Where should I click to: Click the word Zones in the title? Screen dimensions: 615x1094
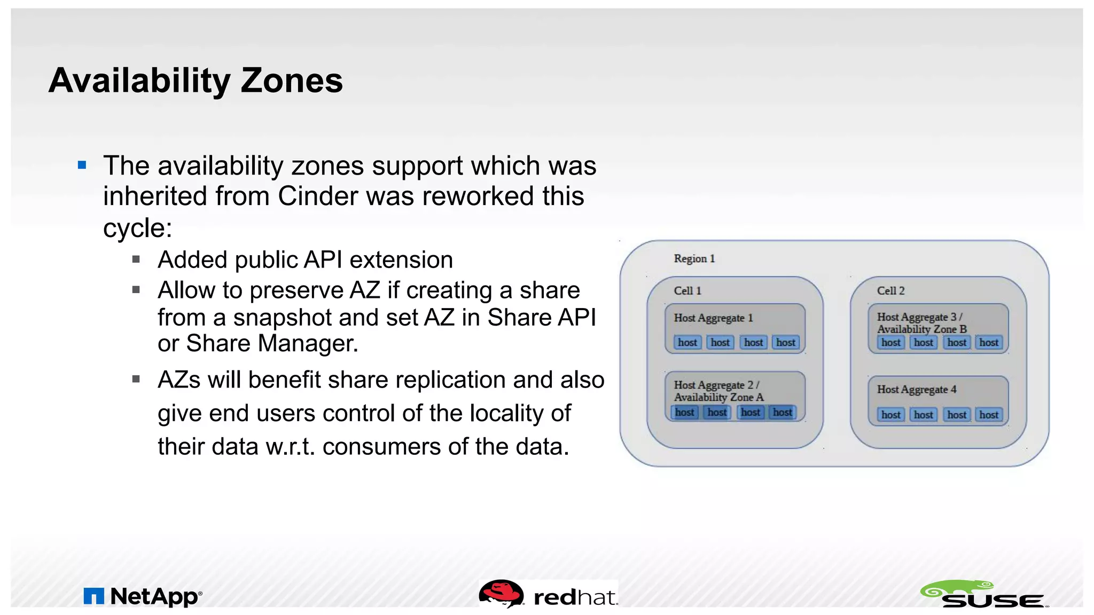point(291,81)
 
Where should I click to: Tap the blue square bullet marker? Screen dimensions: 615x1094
point(82,165)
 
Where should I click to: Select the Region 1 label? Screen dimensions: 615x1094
point(694,259)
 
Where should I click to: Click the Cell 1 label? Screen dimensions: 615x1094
point(687,291)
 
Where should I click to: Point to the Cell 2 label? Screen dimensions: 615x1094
point(890,291)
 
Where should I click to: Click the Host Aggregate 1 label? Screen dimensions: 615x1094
point(713,318)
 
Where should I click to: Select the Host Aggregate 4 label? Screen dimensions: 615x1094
point(916,390)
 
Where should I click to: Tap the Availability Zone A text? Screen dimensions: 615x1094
point(718,397)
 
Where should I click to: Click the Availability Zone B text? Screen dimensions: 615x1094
point(921,329)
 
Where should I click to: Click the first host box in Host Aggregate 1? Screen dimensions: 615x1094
point(687,343)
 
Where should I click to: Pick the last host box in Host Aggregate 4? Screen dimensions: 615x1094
point(988,415)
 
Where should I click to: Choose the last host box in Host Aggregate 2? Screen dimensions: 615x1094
point(782,412)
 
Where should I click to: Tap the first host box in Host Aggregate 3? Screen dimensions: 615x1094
point(890,343)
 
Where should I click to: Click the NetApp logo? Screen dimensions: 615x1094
point(143,596)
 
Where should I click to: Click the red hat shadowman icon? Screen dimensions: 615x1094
point(501,594)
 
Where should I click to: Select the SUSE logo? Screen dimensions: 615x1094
point(984,595)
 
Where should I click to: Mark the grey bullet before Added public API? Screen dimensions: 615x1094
point(136,259)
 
